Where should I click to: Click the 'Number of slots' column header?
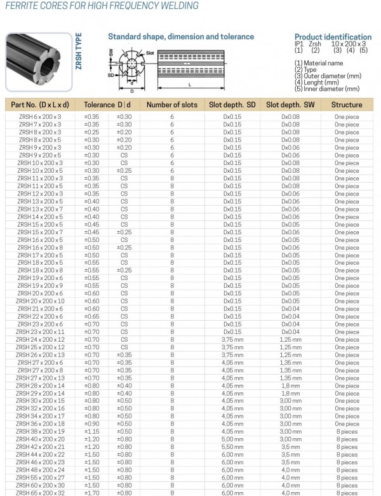(171, 105)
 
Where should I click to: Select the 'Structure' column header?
(347, 105)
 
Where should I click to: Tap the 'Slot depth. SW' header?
(290, 105)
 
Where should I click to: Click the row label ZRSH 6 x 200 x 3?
(39, 117)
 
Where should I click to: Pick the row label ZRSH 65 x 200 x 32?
(39, 493)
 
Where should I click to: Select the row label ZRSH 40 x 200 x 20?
(39, 439)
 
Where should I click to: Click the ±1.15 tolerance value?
(92, 432)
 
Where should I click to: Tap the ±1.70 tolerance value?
(92, 493)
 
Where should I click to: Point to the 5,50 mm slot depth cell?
(232, 447)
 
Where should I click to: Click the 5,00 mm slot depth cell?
(232, 439)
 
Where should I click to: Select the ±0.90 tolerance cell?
(92, 424)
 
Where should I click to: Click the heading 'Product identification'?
(333, 37)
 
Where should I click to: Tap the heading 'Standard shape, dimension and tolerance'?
(180, 37)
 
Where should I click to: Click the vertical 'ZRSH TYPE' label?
(79, 56)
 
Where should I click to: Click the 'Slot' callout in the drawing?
(150, 52)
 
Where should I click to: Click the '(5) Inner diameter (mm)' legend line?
(327, 88)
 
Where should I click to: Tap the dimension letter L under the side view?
(191, 84)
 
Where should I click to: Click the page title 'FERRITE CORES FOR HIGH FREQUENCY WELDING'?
(102, 6)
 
